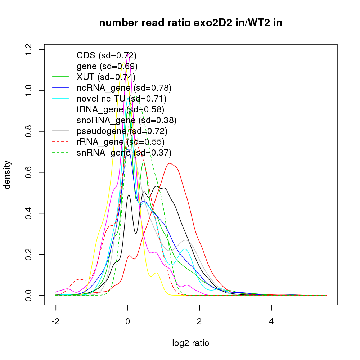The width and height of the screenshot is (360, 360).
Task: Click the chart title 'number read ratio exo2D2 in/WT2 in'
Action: point(190,23)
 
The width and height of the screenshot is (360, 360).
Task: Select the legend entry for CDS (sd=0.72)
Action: point(107,55)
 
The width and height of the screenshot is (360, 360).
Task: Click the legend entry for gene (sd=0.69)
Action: point(107,66)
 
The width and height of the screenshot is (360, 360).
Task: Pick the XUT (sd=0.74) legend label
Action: point(106,77)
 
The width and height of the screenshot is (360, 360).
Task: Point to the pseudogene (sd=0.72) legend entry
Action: point(122,131)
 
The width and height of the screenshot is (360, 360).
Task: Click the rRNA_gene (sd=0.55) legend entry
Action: point(121,142)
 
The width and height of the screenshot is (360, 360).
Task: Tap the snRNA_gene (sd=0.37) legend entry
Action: point(124,153)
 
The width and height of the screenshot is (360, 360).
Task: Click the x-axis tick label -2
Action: point(56,321)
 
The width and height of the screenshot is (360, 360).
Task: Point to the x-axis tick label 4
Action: point(271,321)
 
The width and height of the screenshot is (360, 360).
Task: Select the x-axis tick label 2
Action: point(199,321)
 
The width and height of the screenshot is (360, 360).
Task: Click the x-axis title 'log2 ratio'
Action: point(190,343)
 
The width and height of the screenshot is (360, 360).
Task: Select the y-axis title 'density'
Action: point(8,175)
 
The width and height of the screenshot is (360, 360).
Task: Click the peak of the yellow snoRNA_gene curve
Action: point(124,63)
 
